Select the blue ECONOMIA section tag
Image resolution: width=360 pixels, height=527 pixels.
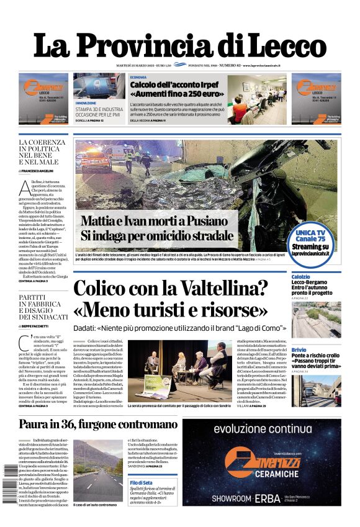click(138, 77)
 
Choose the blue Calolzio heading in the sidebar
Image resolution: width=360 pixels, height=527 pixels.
click(301, 277)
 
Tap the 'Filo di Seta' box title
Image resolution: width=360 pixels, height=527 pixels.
click(142, 482)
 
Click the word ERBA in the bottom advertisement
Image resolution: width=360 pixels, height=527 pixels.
click(286, 498)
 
